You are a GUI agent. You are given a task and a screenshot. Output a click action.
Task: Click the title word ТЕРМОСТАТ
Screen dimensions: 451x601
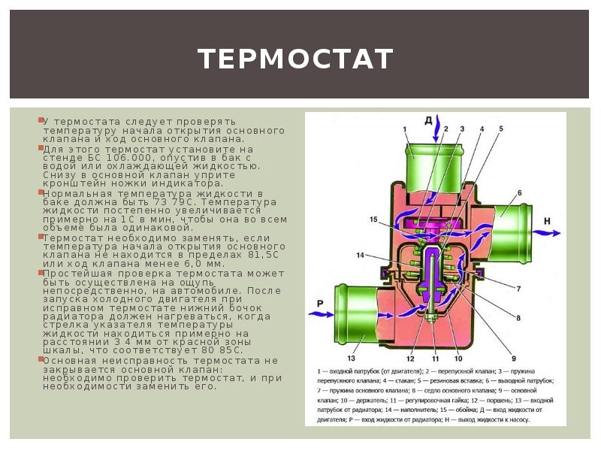pos(295,59)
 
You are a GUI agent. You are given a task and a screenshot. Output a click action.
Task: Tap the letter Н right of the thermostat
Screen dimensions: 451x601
pos(547,221)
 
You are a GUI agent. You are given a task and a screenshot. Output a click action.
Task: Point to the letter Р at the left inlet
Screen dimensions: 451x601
pos(319,303)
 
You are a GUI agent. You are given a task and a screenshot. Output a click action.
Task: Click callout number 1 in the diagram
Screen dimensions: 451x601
pos(403,129)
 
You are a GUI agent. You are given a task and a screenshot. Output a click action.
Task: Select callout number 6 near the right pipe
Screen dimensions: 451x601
pos(518,193)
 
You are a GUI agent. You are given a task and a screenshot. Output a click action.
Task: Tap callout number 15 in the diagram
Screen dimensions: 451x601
pos(373,219)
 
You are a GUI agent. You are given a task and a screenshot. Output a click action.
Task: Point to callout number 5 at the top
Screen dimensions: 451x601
pos(499,129)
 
